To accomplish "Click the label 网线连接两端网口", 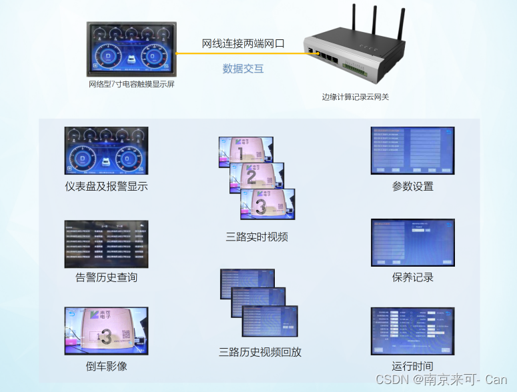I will [243, 44].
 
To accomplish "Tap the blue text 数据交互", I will [243, 68].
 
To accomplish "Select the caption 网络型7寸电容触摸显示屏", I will [131, 85].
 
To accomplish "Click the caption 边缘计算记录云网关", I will [356, 97].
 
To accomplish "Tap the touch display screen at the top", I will [132, 49].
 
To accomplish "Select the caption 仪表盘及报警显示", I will [107, 187].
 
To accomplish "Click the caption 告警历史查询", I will [107, 277].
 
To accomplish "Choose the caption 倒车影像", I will [107, 366].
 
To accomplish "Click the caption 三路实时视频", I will [257, 237].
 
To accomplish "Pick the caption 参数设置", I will [413, 186].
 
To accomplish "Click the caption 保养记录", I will [413, 277].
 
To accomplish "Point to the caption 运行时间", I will [413, 366].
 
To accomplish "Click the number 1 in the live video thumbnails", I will [239, 155].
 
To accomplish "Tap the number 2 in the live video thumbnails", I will [251, 177].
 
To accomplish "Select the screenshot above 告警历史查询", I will [107, 244].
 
